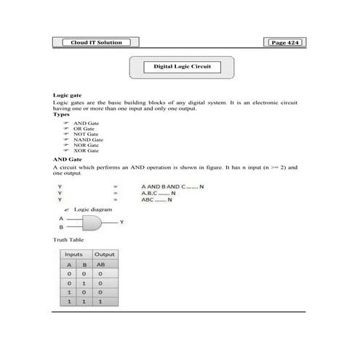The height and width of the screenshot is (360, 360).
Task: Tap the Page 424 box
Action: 284,43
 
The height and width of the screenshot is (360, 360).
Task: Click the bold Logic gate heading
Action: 66,95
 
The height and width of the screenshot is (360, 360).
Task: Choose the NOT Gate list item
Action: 87,135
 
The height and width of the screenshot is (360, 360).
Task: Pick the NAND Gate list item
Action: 89,140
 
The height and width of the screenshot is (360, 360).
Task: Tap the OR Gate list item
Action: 85,129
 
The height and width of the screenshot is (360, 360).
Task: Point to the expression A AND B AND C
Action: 173,186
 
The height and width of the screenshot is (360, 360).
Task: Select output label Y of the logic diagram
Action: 121,221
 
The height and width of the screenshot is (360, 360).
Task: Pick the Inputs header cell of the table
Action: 74,255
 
